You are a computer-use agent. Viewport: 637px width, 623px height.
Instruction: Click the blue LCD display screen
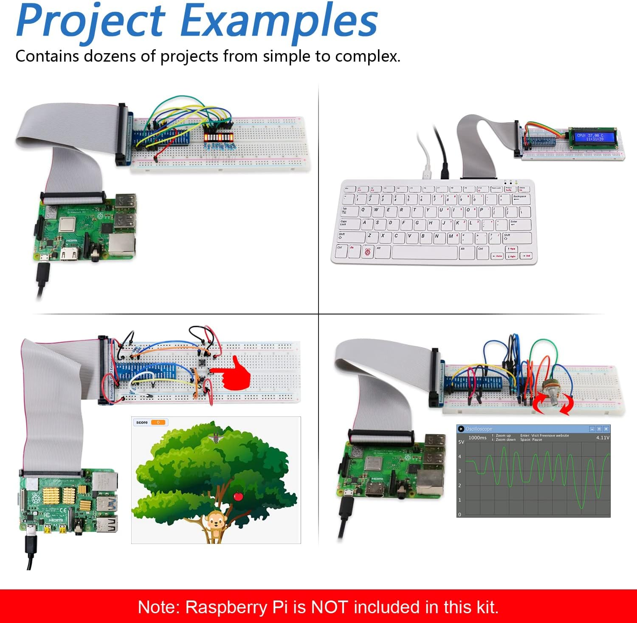(x=595, y=137)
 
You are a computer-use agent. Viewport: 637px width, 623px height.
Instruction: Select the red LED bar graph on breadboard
(x=219, y=138)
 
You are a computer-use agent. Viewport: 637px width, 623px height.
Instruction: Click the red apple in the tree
(x=238, y=496)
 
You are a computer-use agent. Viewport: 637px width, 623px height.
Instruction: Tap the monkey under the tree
(x=215, y=525)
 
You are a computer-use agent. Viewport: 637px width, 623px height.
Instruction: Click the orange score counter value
(x=158, y=422)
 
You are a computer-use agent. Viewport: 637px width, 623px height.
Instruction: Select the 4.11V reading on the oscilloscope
(x=603, y=437)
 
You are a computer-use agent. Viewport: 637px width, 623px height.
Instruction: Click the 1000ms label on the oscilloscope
(x=477, y=438)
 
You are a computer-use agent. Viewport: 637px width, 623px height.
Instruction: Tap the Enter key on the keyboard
(x=519, y=224)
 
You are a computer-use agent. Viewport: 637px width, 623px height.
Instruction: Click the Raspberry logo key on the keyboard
(x=367, y=252)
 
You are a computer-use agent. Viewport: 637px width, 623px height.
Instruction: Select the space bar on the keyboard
(x=424, y=252)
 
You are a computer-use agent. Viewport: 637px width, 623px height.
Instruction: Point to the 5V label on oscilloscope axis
(x=461, y=442)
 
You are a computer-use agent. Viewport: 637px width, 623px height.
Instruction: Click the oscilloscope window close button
(x=606, y=429)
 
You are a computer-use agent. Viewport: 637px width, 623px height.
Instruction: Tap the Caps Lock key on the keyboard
(x=349, y=224)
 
